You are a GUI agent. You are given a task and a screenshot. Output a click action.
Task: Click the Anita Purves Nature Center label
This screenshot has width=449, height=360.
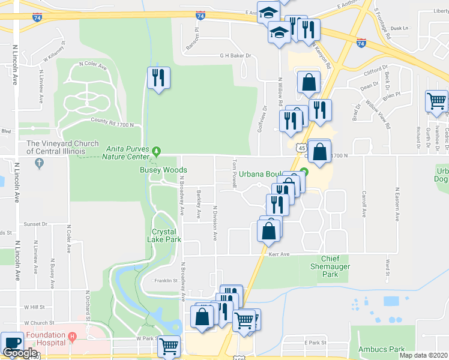tap(127, 153)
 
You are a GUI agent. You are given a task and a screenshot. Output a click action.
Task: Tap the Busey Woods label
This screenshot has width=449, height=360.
tap(164, 170)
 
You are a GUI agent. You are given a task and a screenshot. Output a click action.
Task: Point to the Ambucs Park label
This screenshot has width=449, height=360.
tap(381, 349)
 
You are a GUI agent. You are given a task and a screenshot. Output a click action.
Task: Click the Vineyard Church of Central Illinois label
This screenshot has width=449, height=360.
tap(62, 147)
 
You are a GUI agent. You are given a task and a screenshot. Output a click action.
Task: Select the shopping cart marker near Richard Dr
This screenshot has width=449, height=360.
tap(436, 101)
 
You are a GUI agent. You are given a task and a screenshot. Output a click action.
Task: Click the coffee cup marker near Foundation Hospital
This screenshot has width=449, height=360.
tap(11, 343)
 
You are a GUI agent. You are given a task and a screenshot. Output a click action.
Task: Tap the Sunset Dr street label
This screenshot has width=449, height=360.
tap(35, 224)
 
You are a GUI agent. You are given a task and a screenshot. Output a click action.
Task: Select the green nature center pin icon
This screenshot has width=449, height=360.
tap(157, 149)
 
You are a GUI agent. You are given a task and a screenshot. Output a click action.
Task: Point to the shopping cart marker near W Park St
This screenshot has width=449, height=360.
tap(170, 346)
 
